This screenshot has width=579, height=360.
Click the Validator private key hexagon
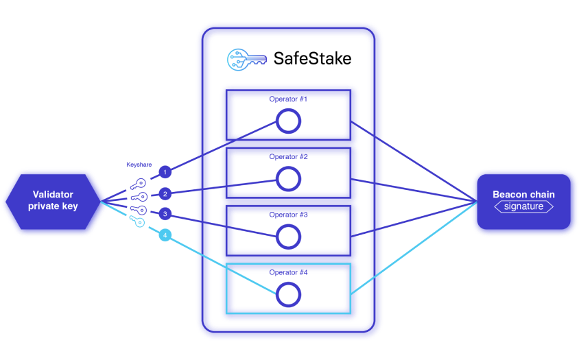52,200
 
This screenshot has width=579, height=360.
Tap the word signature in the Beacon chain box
523,206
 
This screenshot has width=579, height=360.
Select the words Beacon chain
523,194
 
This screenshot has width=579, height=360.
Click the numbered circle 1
165,171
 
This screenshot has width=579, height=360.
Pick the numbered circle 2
165,193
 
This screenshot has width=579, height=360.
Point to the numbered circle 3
165,214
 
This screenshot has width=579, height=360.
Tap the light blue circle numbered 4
165,236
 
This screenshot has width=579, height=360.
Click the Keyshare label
139,165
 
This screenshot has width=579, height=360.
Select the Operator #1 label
288,99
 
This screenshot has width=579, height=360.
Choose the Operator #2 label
288,157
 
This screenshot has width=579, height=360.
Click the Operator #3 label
288,215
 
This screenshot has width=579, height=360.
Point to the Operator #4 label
288,272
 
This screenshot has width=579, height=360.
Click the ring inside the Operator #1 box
288,121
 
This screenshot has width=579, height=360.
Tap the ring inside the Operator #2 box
288,179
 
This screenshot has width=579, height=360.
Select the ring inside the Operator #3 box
288,237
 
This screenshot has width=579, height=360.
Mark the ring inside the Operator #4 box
288,295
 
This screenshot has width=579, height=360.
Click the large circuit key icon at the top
246,59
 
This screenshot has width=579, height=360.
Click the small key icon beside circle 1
139,184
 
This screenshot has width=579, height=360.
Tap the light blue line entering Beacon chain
412,248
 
